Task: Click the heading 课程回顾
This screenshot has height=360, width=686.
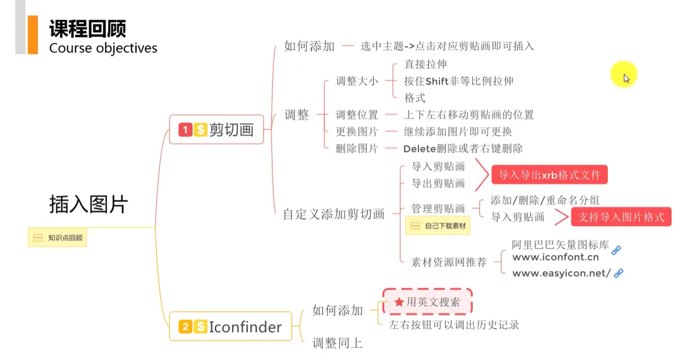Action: click(x=88, y=29)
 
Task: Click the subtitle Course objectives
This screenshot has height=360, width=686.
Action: click(x=103, y=48)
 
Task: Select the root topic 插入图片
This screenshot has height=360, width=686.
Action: click(x=89, y=204)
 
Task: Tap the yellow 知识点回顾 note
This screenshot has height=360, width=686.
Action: click(x=57, y=237)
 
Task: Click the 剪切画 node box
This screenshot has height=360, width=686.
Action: click(x=217, y=129)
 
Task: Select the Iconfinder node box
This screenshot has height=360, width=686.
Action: click(x=230, y=327)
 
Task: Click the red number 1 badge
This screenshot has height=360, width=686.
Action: click(x=185, y=129)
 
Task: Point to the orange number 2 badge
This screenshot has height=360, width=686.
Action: click(x=185, y=327)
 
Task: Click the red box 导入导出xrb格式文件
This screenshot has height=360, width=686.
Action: click(x=549, y=175)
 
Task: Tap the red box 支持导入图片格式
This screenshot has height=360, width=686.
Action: click(x=621, y=217)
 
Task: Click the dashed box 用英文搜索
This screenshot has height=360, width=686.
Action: click(x=427, y=302)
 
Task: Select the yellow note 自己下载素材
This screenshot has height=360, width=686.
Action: click(x=438, y=225)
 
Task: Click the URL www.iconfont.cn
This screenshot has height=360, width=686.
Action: click(x=555, y=257)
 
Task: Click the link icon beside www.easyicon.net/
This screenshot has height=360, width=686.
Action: click(x=618, y=273)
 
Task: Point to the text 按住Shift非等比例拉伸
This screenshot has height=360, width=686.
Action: click(x=458, y=81)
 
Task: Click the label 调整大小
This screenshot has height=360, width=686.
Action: click(x=357, y=81)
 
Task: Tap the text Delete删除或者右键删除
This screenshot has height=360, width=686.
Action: click(x=463, y=149)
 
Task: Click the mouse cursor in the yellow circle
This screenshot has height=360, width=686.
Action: click(x=626, y=78)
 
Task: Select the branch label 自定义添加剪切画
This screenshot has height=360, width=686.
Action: click(x=334, y=214)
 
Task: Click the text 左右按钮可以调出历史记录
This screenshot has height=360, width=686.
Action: click(x=454, y=325)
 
